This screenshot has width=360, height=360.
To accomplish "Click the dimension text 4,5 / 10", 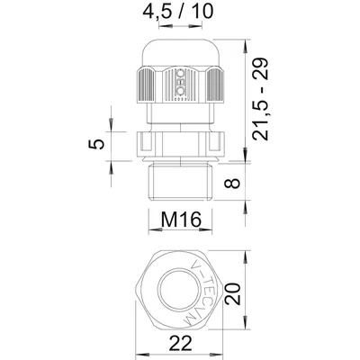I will point(177,13).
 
